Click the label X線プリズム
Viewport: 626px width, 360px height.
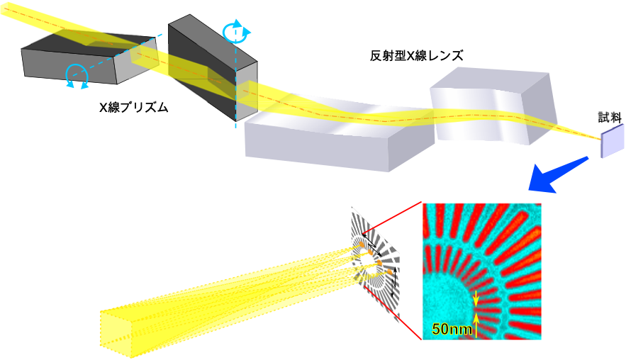coord(134,107)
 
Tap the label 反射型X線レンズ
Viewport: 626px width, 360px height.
coord(416,56)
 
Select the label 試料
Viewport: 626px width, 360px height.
coord(610,117)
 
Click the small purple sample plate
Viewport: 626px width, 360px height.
coord(613,140)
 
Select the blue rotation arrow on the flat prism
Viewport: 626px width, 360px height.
coord(77,75)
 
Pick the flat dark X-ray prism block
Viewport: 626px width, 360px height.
coord(90,59)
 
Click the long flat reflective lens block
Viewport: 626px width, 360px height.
coord(340,132)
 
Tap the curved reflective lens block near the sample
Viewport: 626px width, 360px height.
coord(493,106)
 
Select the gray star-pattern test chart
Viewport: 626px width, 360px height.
coord(375,264)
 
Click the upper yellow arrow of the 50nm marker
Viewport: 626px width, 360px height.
coord(476,298)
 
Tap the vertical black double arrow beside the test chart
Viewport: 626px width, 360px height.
coord(395,282)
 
